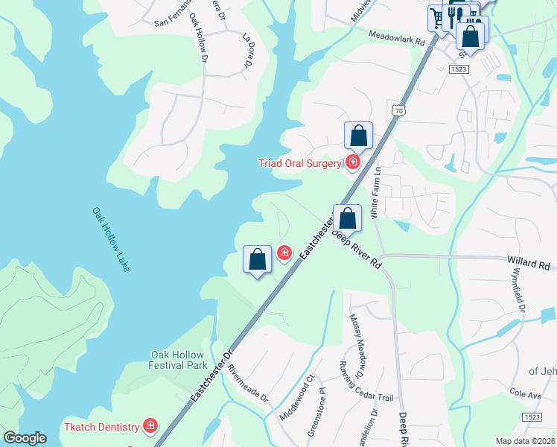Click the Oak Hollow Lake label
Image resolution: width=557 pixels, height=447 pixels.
[111, 239]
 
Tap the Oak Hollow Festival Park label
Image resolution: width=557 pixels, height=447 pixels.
[178, 361]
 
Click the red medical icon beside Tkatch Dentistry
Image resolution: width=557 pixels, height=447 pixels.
[150, 426]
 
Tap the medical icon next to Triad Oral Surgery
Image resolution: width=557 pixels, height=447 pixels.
[352, 162]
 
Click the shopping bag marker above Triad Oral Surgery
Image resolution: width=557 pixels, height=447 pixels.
[358, 136]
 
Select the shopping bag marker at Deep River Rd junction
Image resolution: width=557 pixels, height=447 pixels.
[347, 218]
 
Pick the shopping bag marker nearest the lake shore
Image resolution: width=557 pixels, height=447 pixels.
[257, 260]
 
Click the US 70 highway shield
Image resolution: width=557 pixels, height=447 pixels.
[398, 110]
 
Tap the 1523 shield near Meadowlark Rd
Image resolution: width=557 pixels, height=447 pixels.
[458, 69]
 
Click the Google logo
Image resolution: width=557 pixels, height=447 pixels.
[25, 438]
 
